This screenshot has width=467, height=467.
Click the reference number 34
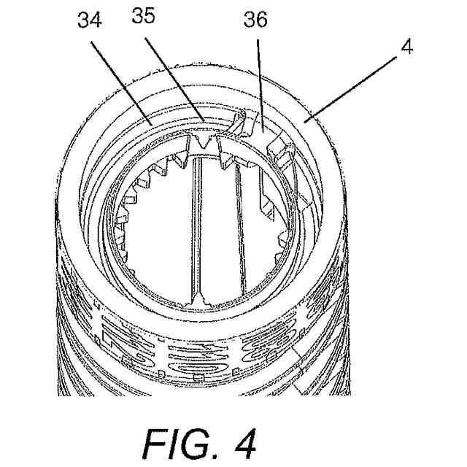[90, 21]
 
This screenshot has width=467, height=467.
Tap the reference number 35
[144, 17]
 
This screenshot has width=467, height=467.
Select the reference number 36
[256, 21]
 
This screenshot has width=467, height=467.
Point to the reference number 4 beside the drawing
[406, 47]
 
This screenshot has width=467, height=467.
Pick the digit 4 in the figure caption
[242, 443]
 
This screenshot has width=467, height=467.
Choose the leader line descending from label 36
[258, 80]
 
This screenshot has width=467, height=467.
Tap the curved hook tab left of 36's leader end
[237, 121]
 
